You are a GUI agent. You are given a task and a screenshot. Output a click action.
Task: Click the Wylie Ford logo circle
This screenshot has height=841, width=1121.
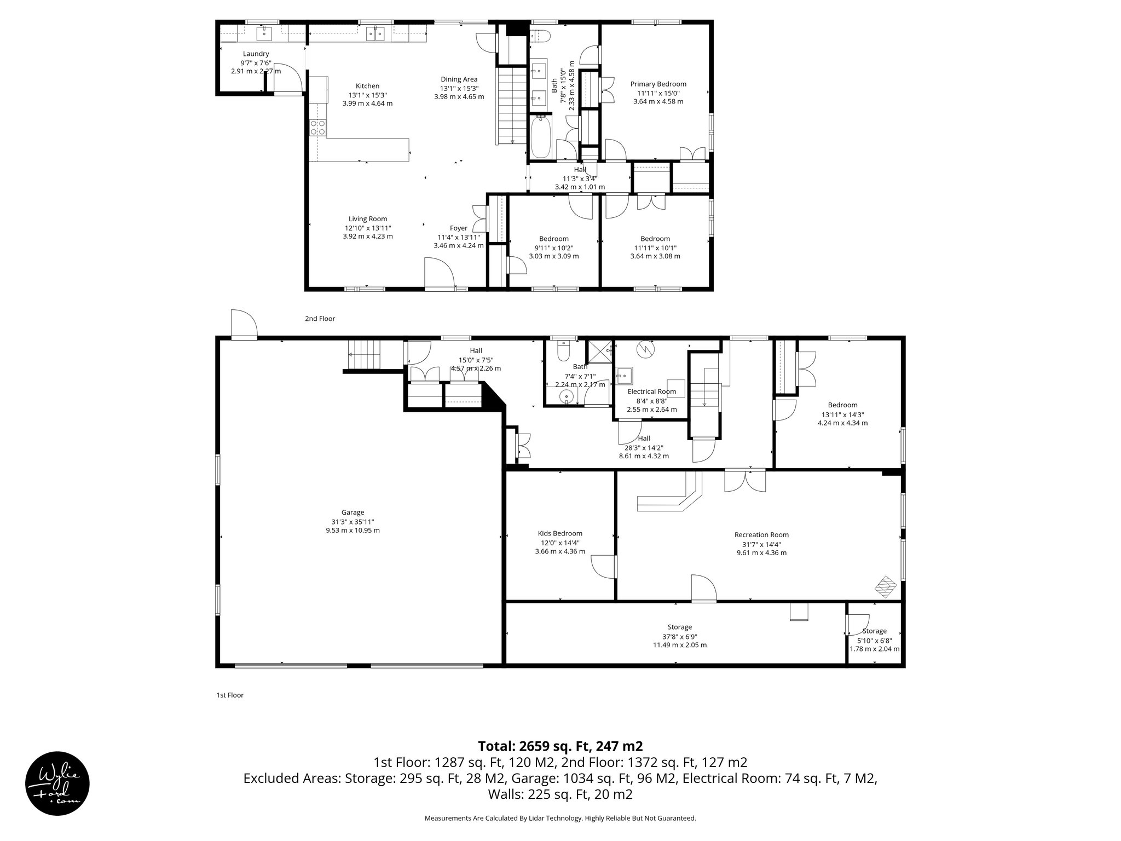point(57,783)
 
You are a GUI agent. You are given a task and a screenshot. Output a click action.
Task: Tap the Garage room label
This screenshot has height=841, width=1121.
point(353,512)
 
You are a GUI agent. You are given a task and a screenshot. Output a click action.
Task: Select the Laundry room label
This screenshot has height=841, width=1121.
point(256,54)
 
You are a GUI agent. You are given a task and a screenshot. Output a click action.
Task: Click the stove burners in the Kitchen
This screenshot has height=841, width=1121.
point(318,128)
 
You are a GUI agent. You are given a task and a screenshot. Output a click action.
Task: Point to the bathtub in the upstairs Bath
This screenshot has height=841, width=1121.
point(541,137)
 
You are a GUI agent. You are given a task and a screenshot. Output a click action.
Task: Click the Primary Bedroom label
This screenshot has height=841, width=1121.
point(658,84)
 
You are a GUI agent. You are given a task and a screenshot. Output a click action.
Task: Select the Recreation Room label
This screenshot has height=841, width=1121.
point(761,535)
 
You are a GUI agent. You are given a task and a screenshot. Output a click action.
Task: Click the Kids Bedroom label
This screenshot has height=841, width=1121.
point(560,533)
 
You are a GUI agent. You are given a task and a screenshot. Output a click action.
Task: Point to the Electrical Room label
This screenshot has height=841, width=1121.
point(651,391)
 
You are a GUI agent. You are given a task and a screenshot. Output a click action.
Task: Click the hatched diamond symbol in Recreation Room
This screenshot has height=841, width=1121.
point(886,587)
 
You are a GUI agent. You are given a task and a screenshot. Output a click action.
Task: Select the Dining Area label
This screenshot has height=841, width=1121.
point(459,79)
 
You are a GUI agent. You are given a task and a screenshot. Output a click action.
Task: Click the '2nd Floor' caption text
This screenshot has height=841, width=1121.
point(320,319)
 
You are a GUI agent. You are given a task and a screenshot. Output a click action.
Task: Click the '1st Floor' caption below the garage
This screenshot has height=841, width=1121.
point(230,695)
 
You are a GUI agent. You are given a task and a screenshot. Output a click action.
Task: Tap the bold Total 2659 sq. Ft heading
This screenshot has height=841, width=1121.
point(560,746)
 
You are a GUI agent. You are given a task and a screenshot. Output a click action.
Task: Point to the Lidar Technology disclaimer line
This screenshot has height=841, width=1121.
point(560,818)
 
